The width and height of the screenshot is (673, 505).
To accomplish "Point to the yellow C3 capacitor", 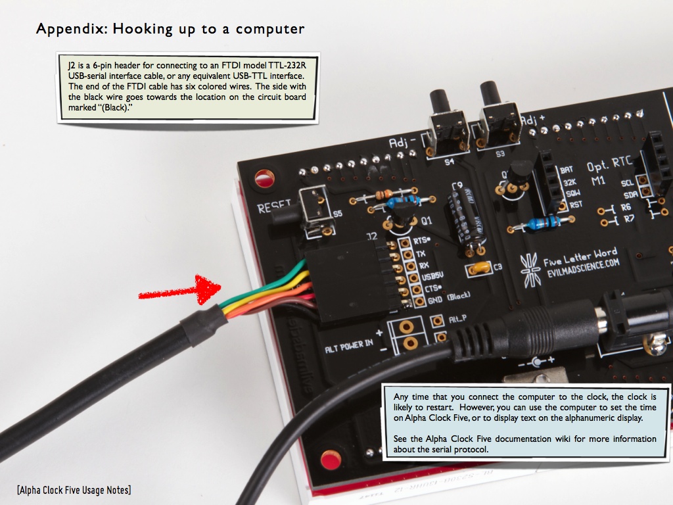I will point(478,268).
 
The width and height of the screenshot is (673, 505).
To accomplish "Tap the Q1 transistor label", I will point(427,220).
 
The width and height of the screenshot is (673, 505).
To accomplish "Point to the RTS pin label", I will point(421,241).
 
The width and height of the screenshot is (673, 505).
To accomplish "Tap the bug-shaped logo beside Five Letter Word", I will point(530,268).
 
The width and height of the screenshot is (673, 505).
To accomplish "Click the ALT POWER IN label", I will point(348,344).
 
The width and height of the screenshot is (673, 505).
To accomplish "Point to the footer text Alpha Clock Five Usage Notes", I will point(74,489).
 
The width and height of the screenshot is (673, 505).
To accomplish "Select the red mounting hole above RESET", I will point(265,178).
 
